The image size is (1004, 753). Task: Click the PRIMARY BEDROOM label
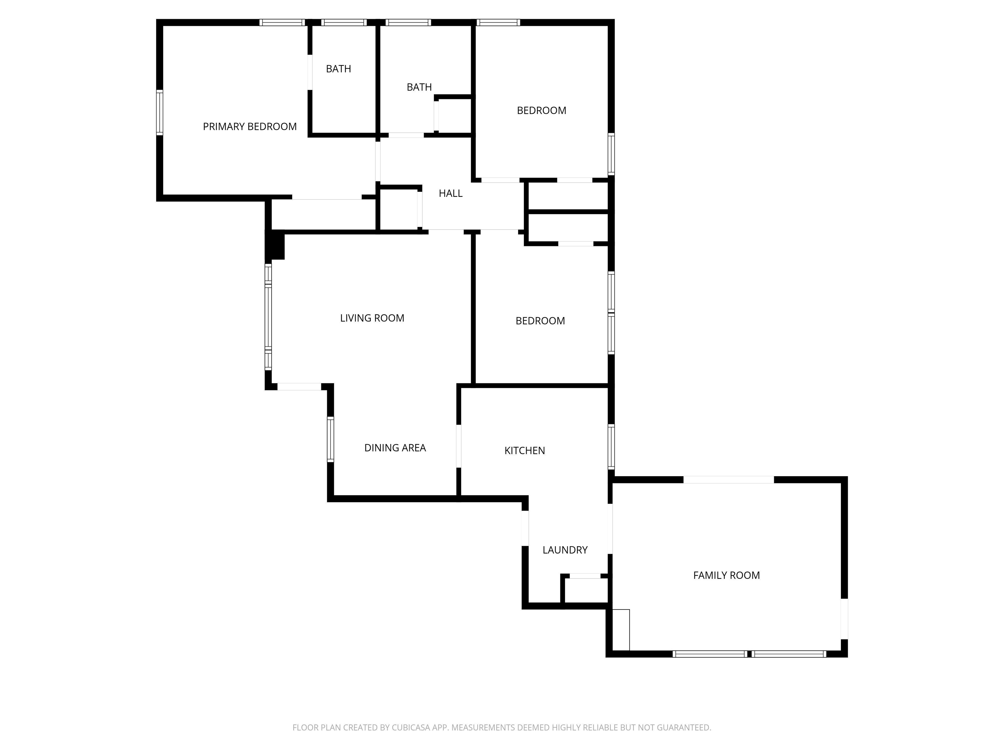pos(250,126)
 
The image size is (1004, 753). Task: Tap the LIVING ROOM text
pos(372,318)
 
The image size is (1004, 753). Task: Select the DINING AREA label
pos(395,448)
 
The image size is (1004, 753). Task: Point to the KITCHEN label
pos(525,451)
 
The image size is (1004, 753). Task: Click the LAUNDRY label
pos(565,550)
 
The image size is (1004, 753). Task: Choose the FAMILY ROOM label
pos(726,576)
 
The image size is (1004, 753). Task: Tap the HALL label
pos(451,193)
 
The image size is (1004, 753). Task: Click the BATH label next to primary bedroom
pos(339,69)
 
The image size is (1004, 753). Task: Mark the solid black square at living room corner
pos(276,245)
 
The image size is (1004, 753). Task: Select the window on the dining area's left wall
pos(330,439)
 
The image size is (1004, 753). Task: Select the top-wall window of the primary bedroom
pos(282,23)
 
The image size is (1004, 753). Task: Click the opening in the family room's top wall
pos(728,480)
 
